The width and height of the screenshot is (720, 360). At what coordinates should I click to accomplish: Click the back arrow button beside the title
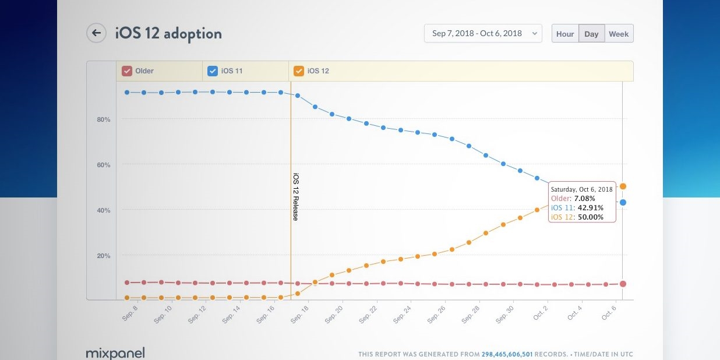click(96, 33)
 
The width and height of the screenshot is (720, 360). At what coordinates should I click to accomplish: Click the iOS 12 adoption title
click(168, 34)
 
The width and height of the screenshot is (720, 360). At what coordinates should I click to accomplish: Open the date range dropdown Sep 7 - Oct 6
click(483, 34)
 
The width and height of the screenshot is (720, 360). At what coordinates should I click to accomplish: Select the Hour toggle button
click(565, 34)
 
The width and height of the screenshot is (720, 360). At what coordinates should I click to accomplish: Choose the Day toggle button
click(591, 34)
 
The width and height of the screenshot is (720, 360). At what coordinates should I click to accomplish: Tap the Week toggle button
click(619, 34)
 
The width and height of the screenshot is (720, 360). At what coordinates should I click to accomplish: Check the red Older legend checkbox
click(126, 71)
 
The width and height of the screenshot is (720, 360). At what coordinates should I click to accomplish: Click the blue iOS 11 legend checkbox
click(213, 71)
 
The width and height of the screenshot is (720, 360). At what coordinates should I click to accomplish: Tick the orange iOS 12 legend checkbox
click(299, 71)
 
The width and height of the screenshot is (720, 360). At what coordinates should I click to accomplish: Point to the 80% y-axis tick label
click(104, 119)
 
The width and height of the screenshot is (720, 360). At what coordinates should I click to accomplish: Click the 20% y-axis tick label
click(104, 256)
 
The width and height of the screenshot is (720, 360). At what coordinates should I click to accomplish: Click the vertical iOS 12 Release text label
click(295, 197)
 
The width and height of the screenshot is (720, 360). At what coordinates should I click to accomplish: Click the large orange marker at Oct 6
click(623, 186)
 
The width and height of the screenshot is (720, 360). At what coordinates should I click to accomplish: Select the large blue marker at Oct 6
click(623, 202)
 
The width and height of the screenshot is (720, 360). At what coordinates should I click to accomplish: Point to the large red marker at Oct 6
click(623, 284)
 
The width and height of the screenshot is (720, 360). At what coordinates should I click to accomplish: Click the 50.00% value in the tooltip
click(590, 217)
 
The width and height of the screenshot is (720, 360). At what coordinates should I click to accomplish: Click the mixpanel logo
click(115, 353)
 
